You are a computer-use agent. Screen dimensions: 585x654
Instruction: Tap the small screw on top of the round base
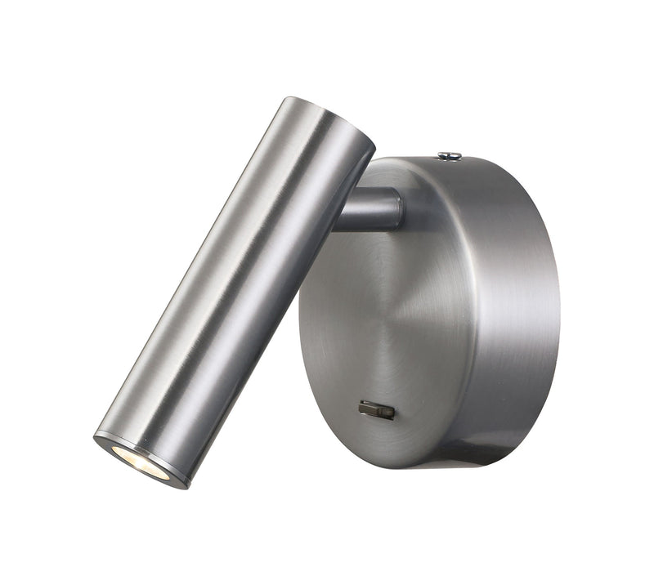pyautogui.click(x=448, y=154)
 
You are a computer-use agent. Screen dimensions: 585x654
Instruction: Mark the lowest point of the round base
pyautogui.click(x=425, y=467)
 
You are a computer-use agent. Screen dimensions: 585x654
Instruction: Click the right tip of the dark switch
pyautogui.click(x=393, y=412)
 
